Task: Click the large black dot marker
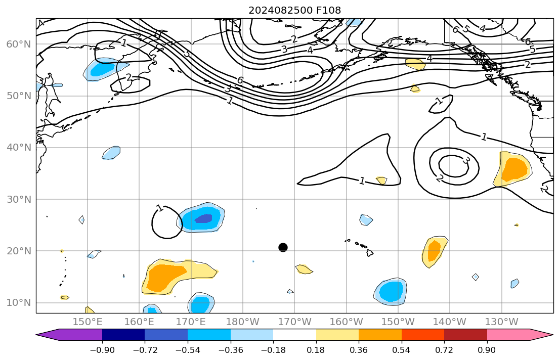pos(283,247)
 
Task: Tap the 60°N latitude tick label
pos(18,44)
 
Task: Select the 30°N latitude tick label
pos(18,199)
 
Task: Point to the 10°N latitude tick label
pos(18,303)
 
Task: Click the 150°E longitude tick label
pos(88,322)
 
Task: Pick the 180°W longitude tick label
pos(243,322)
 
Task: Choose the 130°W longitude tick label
pos(501,322)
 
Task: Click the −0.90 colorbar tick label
pos(102,350)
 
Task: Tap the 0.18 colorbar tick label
pos(316,350)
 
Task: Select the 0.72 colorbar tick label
pos(444,350)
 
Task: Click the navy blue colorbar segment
pos(123,335)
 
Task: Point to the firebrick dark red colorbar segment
pos(465,335)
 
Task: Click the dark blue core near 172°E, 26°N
pos(204,218)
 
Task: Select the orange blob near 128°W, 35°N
pos(515,169)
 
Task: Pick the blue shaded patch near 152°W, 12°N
pos(391,291)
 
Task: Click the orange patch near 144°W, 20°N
pos(434,251)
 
